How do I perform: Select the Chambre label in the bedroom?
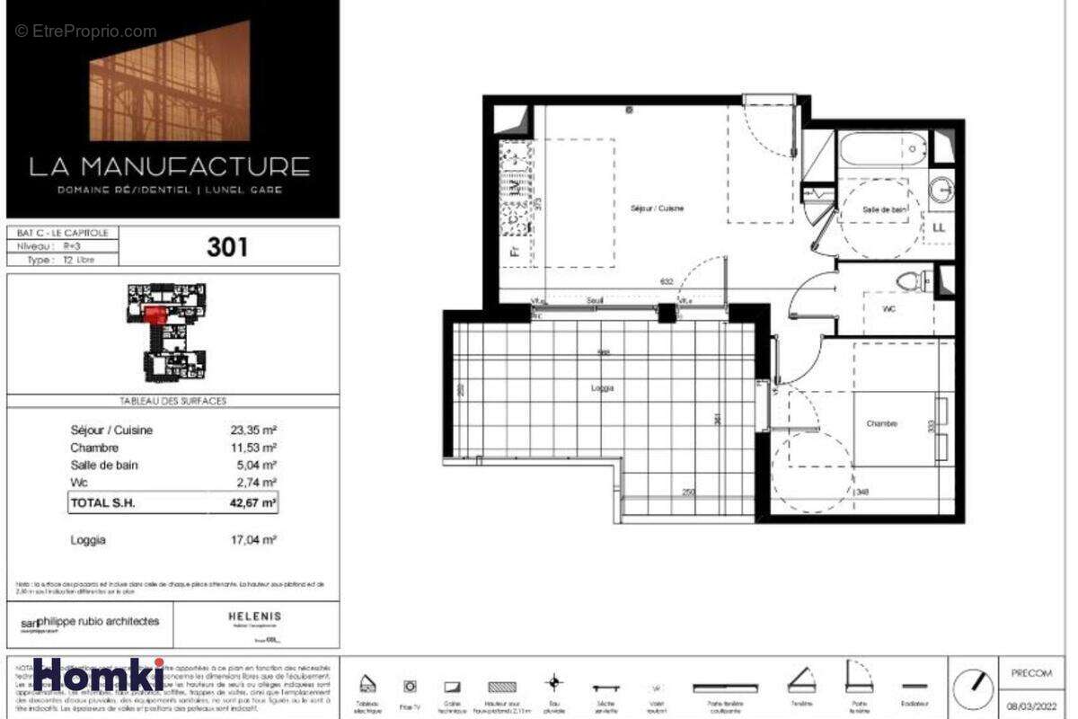(x=881, y=423)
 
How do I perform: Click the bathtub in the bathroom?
(x=882, y=149)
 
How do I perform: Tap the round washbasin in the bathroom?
(x=941, y=189)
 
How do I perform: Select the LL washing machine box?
(x=939, y=227)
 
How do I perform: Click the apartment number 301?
(x=227, y=245)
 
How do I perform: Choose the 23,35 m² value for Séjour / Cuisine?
(x=252, y=431)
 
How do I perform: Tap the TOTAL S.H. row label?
(x=102, y=503)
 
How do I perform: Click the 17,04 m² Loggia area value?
(x=252, y=540)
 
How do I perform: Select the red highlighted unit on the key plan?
(x=155, y=313)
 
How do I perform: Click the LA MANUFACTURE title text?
(x=171, y=166)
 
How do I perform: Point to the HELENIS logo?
(x=255, y=617)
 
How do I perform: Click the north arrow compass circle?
(x=973, y=688)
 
